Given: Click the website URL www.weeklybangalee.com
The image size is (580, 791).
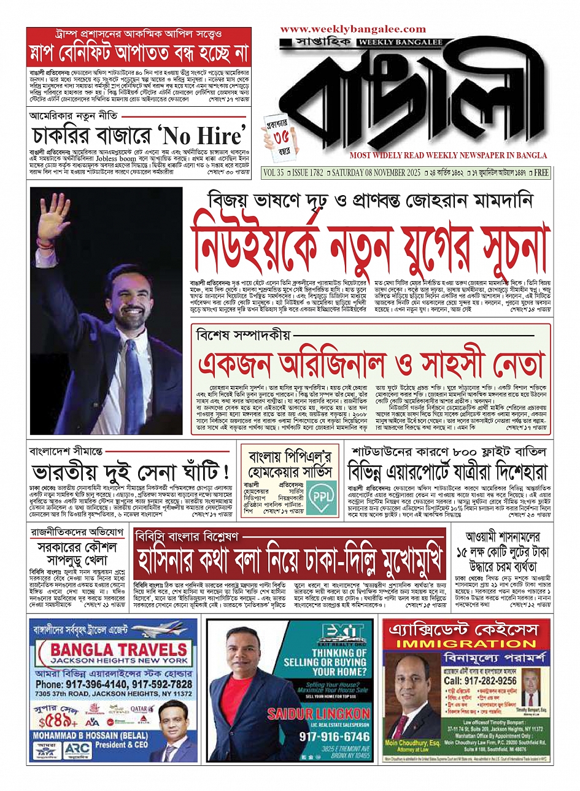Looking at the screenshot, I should [353, 29].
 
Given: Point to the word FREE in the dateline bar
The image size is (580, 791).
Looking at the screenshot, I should [541, 173].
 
